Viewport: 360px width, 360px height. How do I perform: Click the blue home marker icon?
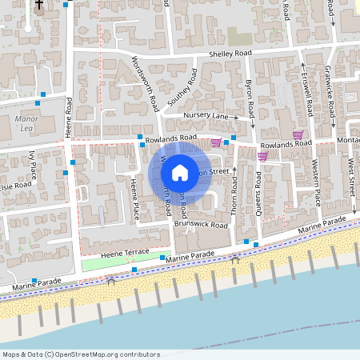pos(180,172)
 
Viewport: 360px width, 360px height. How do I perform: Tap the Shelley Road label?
pos(230,54)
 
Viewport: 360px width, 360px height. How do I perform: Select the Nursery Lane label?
pos(206,116)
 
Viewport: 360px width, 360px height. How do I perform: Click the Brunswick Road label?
pos(202,225)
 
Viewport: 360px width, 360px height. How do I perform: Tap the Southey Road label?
pos(182,89)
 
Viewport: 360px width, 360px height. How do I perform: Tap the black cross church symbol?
pos(39,5)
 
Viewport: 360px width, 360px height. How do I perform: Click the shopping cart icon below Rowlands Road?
pos(262,157)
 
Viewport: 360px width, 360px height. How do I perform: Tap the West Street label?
pos(352,177)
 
